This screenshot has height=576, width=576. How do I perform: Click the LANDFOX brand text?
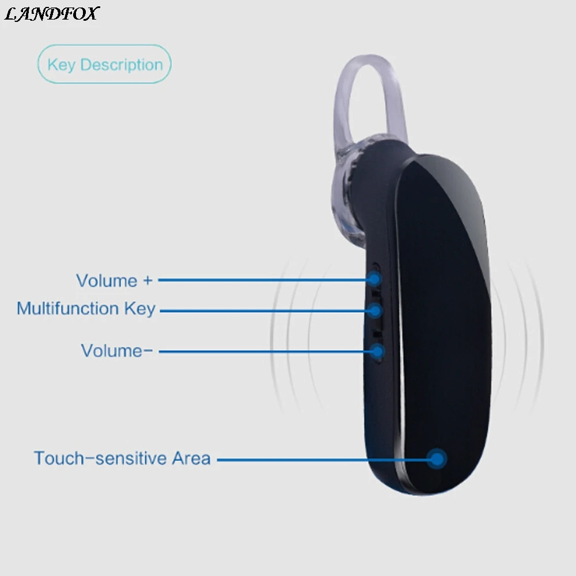click(x=51, y=13)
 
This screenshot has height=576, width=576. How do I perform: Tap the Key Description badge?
click(x=104, y=65)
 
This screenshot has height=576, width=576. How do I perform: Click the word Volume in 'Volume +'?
click(x=107, y=281)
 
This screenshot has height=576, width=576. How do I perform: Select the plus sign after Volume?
click(x=147, y=281)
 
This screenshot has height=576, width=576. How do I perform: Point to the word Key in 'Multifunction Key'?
click(x=140, y=309)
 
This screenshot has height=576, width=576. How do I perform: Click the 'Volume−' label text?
click(x=117, y=350)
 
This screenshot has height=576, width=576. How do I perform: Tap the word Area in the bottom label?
click(x=191, y=458)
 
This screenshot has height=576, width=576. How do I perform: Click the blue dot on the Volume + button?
click(x=375, y=279)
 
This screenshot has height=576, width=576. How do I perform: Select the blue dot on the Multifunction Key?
click(x=376, y=311)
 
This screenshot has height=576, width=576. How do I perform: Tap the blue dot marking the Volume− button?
click(x=377, y=350)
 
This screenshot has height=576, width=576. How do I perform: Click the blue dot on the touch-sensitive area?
click(x=438, y=459)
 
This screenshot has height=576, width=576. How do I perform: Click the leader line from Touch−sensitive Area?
click(x=323, y=460)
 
